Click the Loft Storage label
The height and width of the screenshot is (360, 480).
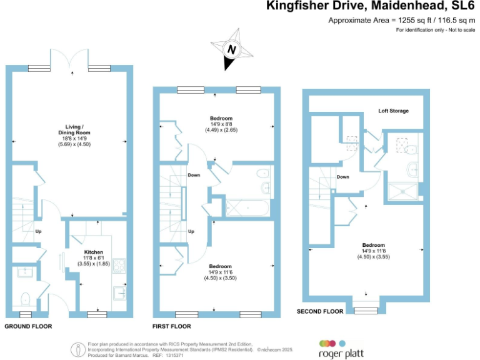(x=393, y=111)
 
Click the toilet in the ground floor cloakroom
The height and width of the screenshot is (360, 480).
(x=26, y=297)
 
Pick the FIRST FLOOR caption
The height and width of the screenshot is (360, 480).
(x=172, y=327)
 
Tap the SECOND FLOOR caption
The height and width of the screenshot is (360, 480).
(x=320, y=311)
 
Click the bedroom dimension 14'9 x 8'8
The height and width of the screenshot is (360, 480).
(x=221, y=124)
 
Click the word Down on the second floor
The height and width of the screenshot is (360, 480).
(x=342, y=177)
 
